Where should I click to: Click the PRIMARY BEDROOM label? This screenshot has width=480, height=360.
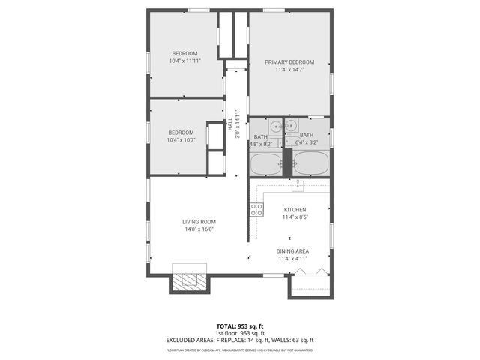289,61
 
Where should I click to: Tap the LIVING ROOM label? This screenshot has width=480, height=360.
199,221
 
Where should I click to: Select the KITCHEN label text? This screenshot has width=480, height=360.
295,209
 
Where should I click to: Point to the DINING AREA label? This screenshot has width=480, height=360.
293,251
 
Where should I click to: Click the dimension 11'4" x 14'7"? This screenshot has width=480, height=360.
289,70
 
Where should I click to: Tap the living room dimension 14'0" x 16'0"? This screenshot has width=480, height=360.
199,229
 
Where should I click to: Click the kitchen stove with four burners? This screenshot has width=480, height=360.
256,210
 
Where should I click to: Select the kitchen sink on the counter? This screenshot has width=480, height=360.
297,184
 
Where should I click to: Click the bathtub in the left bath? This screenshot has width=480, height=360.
264,163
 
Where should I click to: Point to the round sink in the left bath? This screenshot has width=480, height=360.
275,126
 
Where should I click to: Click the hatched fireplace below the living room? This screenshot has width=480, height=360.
188,280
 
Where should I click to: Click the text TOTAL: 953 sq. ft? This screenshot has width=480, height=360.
240,325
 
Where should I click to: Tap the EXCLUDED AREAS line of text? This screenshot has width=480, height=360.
240,341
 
